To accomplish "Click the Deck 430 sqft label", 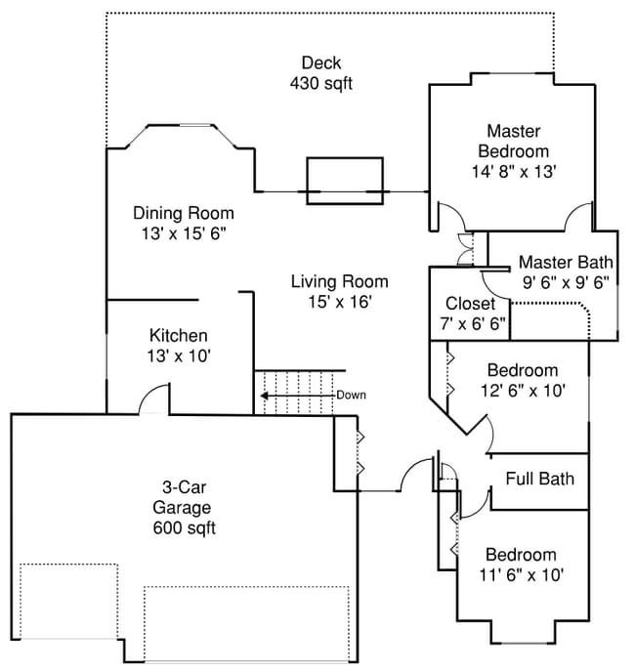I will (320, 73).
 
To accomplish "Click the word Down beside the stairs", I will (351, 396).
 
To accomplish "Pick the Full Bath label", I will (539, 479).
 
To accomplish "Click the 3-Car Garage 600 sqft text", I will (184, 508).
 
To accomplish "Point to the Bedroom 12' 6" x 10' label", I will (522, 380).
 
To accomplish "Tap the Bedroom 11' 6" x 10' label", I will (521, 564).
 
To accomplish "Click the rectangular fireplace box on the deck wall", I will (345, 181).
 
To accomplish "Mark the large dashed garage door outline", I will (246, 623).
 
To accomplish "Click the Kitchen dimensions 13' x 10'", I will (179, 356).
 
